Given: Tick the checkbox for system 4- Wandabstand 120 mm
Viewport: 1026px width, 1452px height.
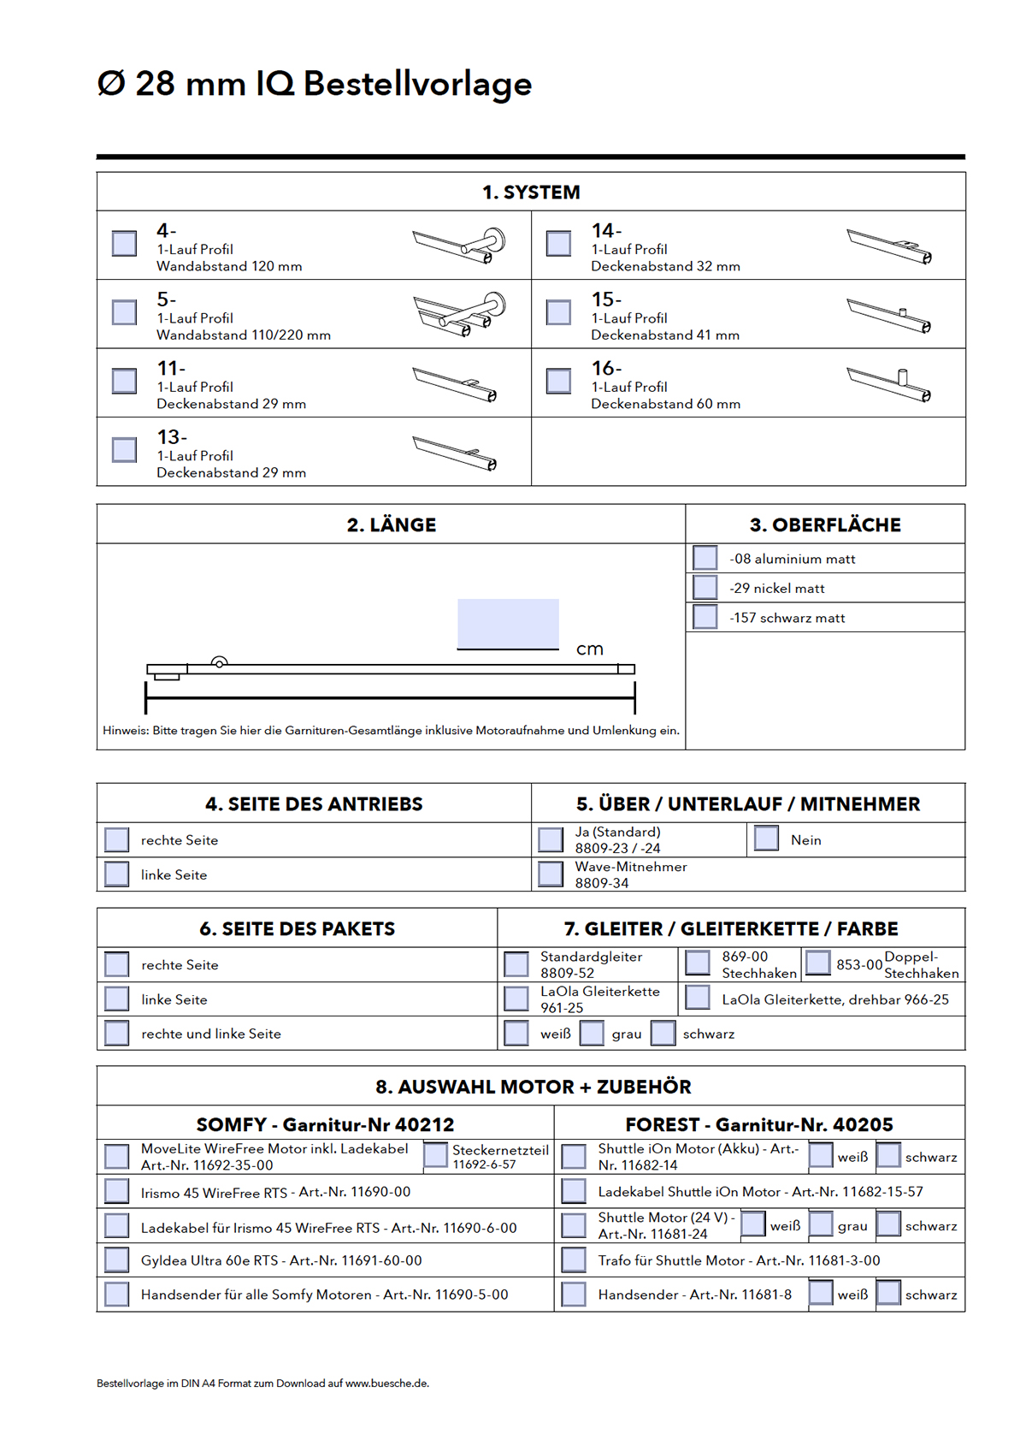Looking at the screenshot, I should (x=124, y=243).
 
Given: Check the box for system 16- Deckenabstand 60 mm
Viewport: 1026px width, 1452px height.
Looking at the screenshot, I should (x=558, y=381).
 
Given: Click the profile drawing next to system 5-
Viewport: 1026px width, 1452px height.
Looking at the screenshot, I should (x=458, y=313).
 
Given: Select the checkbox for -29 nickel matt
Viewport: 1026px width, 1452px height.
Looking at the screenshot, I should (x=705, y=588).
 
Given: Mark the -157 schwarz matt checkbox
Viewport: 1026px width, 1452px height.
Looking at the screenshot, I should (x=705, y=617).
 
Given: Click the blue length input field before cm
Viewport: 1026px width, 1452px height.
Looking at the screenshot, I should (x=508, y=624).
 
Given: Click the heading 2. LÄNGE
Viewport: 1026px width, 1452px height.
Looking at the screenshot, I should (x=391, y=524).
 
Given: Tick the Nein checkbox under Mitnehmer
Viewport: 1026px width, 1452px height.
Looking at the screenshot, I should (x=766, y=839).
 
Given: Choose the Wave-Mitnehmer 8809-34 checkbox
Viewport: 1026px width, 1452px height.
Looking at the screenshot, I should (x=551, y=874).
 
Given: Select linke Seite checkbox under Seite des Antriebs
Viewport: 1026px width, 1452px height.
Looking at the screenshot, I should (x=116, y=874).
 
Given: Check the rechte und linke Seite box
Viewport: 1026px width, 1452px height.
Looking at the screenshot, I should (x=116, y=1033).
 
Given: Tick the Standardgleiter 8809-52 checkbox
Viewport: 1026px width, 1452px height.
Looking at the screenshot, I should (x=516, y=963).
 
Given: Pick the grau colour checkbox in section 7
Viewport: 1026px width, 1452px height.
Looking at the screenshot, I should (x=592, y=1033).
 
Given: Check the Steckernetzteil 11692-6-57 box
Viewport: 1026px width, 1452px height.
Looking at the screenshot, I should (x=435, y=1155).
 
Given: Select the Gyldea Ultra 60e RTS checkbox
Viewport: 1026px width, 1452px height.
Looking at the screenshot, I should (x=116, y=1259).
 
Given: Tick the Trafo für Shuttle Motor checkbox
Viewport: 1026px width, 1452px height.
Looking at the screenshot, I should (x=574, y=1259).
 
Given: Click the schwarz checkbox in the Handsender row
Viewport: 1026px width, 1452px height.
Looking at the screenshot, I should (x=888, y=1293).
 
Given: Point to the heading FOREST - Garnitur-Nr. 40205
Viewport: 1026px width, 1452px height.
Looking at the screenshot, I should (x=758, y=1124).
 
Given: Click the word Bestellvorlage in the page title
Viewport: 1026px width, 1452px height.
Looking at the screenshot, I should (x=417, y=84).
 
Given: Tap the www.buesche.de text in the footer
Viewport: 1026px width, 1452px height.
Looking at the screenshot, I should (x=386, y=1383).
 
